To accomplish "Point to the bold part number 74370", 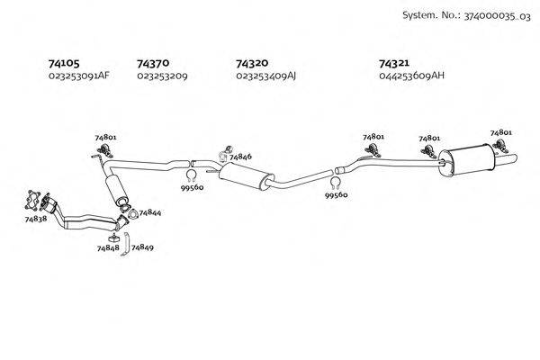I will (153, 63).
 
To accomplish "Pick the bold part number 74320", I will (251, 63).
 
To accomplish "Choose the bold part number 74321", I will (396, 63).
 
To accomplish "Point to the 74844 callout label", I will (150, 213).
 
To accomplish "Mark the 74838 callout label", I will (36, 219).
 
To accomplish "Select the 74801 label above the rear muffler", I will (501, 133).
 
